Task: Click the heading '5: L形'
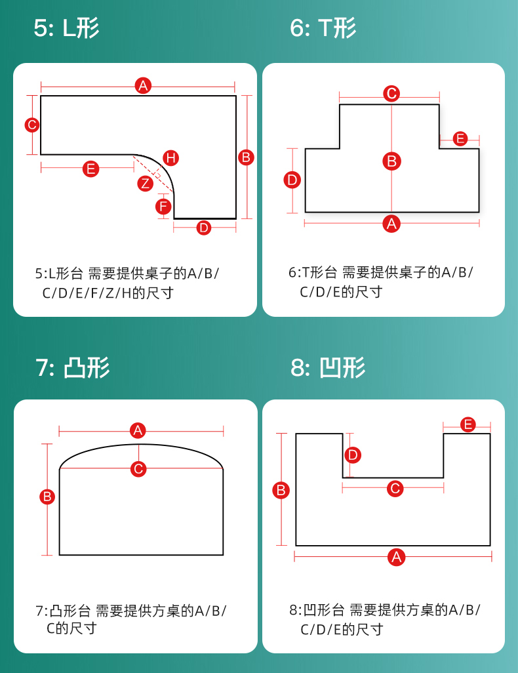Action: tap(67, 28)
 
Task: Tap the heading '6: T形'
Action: tap(323, 28)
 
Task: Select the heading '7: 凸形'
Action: tap(73, 367)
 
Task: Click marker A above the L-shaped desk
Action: tap(143, 85)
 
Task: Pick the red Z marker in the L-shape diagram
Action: tap(146, 184)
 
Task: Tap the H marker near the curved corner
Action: tap(170, 157)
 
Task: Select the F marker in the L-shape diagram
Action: tap(163, 207)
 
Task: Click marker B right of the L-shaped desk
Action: tap(247, 157)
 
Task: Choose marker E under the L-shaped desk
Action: tap(90, 169)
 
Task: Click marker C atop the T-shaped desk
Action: tap(391, 93)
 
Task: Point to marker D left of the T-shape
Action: tap(292, 180)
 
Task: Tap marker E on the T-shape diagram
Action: tap(460, 138)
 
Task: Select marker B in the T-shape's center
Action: tap(391, 161)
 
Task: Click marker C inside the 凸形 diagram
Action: tap(138, 469)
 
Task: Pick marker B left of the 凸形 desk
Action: tap(47, 497)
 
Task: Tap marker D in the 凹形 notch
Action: tap(353, 455)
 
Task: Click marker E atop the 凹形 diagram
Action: tap(468, 424)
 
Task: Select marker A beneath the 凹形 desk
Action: tap(395, 557)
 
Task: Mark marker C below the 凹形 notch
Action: tap(395, 488)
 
